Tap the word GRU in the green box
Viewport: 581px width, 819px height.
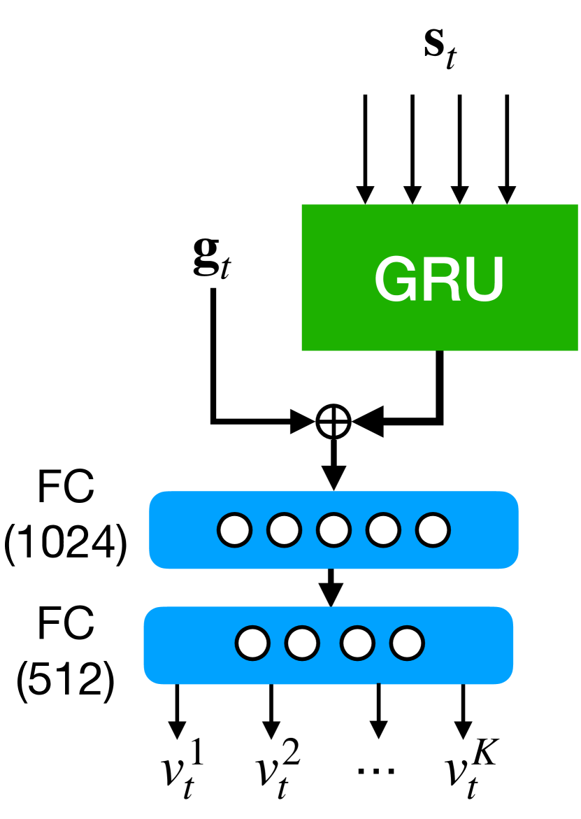(439, 278)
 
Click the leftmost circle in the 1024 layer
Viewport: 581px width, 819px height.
(234, 530)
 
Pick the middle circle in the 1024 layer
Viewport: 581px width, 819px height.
(333, 530)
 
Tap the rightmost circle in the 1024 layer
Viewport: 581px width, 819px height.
(433, 530)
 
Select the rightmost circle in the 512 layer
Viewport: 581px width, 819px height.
(406, 643)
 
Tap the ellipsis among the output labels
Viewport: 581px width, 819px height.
(376, 771)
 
